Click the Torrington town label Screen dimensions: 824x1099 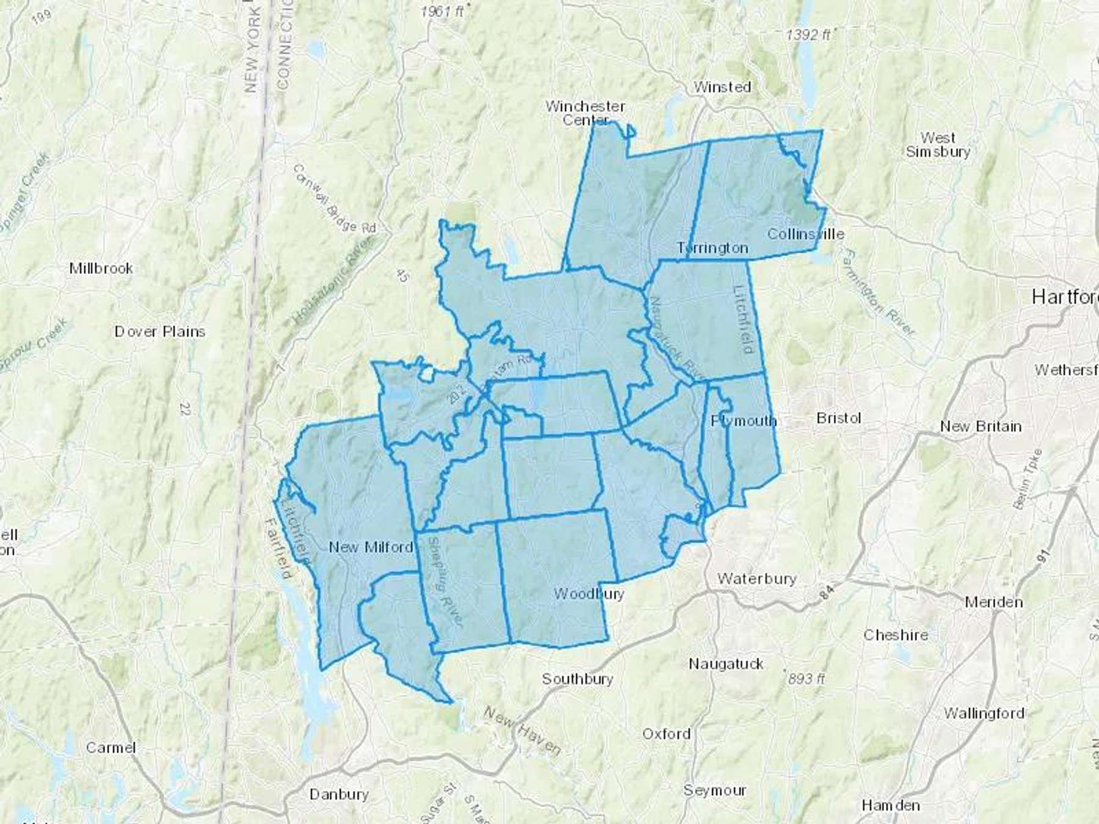713,248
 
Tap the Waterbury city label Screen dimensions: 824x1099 756,578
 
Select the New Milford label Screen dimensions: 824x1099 371,547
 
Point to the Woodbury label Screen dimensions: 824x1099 589,593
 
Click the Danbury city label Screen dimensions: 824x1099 339,794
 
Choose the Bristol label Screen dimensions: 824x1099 838,418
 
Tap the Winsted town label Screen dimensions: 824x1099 722,87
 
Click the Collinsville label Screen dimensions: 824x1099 806,234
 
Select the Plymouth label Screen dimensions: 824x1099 744,421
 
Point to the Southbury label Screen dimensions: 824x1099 578,679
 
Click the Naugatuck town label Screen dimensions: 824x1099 726,663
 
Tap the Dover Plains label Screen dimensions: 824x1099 160,331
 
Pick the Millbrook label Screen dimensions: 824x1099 101,268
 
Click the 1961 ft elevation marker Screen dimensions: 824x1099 443,11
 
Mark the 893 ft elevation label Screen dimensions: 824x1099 807,678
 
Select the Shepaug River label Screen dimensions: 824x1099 445,582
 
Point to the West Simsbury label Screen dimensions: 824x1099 938,145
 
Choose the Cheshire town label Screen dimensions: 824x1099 896,635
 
